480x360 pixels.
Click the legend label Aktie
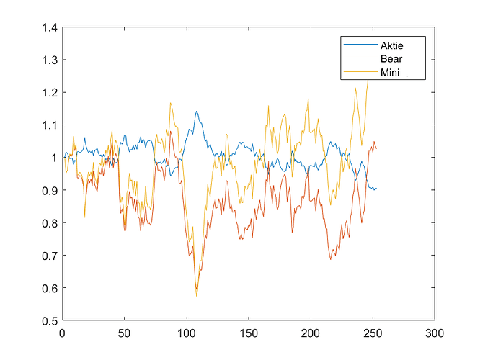click(391, 45)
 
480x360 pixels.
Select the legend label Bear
click(391, 59)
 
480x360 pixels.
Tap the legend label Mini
click(390, 73)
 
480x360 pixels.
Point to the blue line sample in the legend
click(360, 45)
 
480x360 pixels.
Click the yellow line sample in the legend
click(360, 71)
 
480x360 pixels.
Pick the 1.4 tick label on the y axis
click(50, 28)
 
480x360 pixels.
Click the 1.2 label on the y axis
click(50, 92)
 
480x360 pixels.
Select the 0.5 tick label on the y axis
click(50, 321)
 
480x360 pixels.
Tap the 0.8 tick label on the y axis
click(50, 223)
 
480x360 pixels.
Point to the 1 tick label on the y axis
click(55, 158)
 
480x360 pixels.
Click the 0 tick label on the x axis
click(62, 333)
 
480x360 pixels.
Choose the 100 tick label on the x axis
click(187, 333)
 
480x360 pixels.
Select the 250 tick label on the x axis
click(373, 333)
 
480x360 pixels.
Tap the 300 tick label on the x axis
click(435, 333)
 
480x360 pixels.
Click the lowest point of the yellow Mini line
click(196, 296)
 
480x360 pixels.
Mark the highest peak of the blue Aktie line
click(196, 112)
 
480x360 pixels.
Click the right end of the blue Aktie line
click(376, 188)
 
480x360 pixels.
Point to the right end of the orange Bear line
click(376, 148)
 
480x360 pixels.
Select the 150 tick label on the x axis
click(249, 333)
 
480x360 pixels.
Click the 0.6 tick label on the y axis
click(50, 289)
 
